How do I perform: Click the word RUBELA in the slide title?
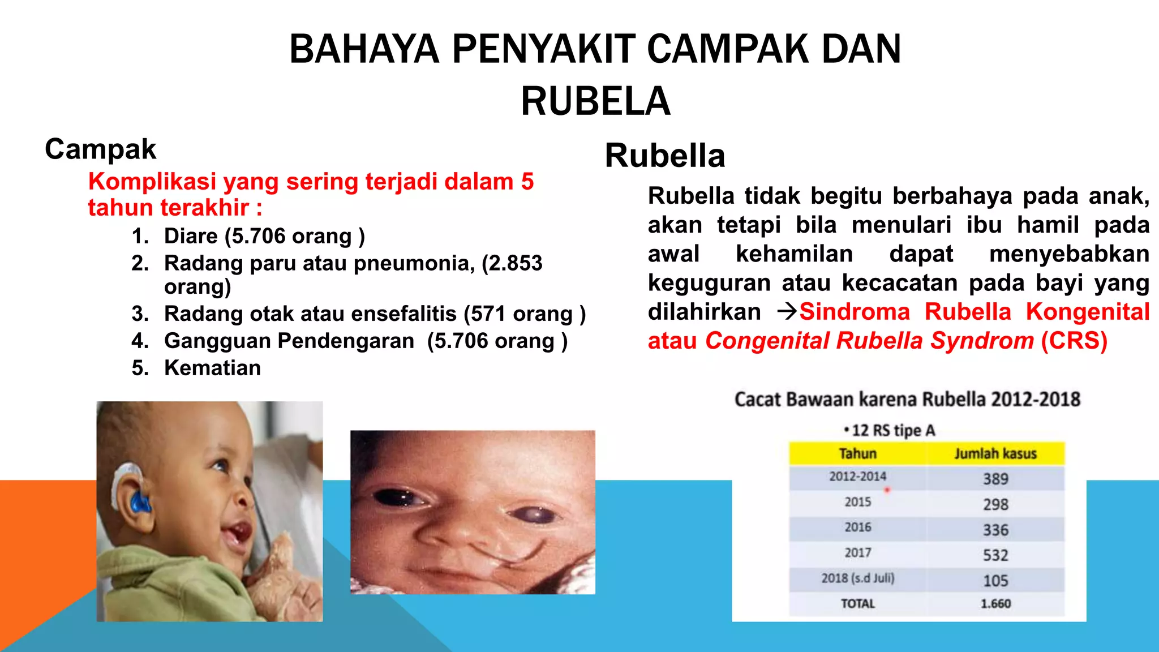click(595, 101)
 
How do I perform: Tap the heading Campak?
click(100, 149)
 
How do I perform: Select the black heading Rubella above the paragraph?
click(664, 156)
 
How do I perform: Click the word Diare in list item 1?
click(191, 236)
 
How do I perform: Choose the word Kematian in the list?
click(212, 368)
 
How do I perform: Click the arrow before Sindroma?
click(787, 311)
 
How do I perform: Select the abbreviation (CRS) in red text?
click(1074, 341)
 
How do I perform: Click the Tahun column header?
click(857, 453)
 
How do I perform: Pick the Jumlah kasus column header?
click(995, 453)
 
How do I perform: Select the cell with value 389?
click(995, 479)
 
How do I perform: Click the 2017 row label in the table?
click(857, 552)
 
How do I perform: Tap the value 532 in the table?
click(995, 555)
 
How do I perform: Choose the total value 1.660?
click(995, 604)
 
